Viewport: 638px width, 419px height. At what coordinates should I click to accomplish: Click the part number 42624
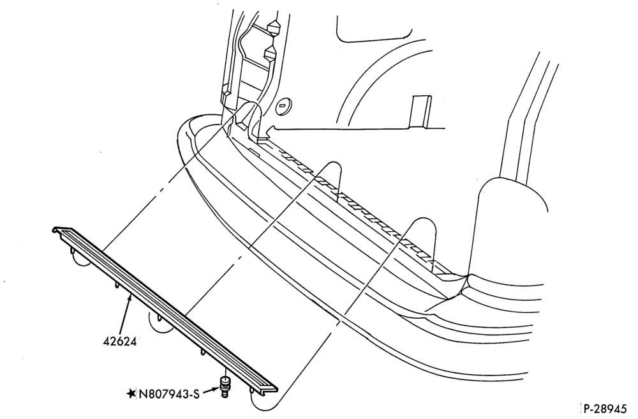pos(119,341)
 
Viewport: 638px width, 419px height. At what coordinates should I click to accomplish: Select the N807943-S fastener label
pos(169,394)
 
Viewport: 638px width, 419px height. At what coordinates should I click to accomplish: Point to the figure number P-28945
pos(609,408)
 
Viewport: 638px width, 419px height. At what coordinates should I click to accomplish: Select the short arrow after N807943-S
pos(210,391)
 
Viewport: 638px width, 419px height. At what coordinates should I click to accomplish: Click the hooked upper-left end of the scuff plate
pos(59,230)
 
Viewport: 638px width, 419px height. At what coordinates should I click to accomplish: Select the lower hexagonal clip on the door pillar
pos(271,53)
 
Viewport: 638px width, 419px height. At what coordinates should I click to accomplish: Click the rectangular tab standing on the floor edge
pos(420,111)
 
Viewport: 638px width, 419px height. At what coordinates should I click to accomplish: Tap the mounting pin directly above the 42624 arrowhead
pos(130,290)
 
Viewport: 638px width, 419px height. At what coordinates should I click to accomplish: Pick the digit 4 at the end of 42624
pos(132,341)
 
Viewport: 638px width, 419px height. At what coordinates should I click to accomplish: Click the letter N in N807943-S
pos(143,394)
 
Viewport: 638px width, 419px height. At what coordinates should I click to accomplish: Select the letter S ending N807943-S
pos(196,394)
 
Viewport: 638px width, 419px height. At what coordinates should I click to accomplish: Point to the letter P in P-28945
pos(588,408)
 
